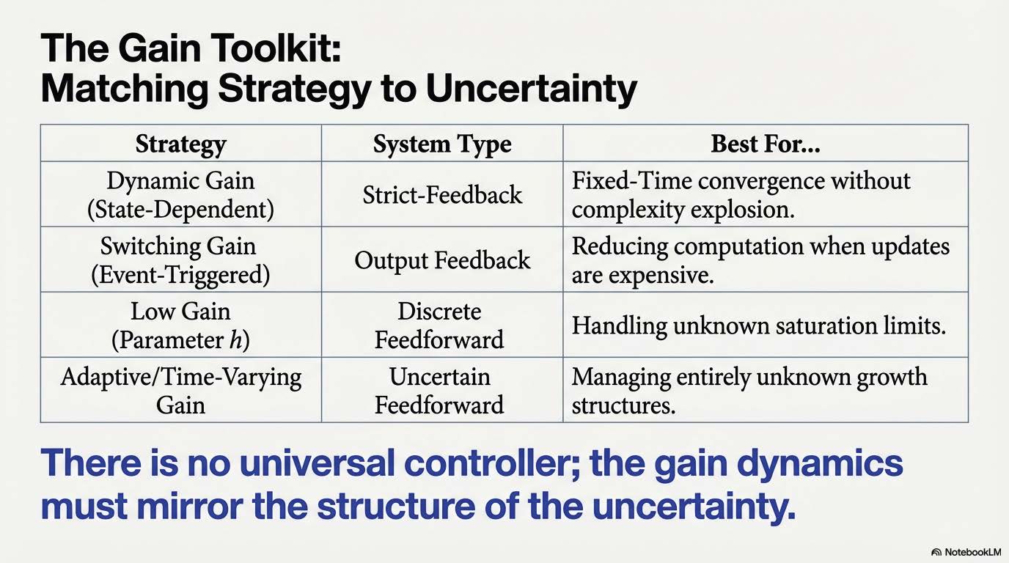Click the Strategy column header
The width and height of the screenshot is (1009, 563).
[180, 144]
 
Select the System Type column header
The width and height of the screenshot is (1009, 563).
[442, 144]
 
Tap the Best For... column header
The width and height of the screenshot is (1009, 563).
[766, 144]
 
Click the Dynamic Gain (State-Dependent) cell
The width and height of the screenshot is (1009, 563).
[180, 194]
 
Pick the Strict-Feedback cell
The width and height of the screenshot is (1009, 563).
[442, 194]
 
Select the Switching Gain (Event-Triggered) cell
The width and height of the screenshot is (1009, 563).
[180, 260]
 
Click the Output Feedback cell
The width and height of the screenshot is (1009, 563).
[442, 260]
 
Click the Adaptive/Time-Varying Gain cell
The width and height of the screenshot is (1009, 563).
[180, 391]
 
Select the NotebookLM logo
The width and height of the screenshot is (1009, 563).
[966, 552]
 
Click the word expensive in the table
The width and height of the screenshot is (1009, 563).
[661, 275]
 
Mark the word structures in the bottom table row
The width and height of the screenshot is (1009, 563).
[624, 405]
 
